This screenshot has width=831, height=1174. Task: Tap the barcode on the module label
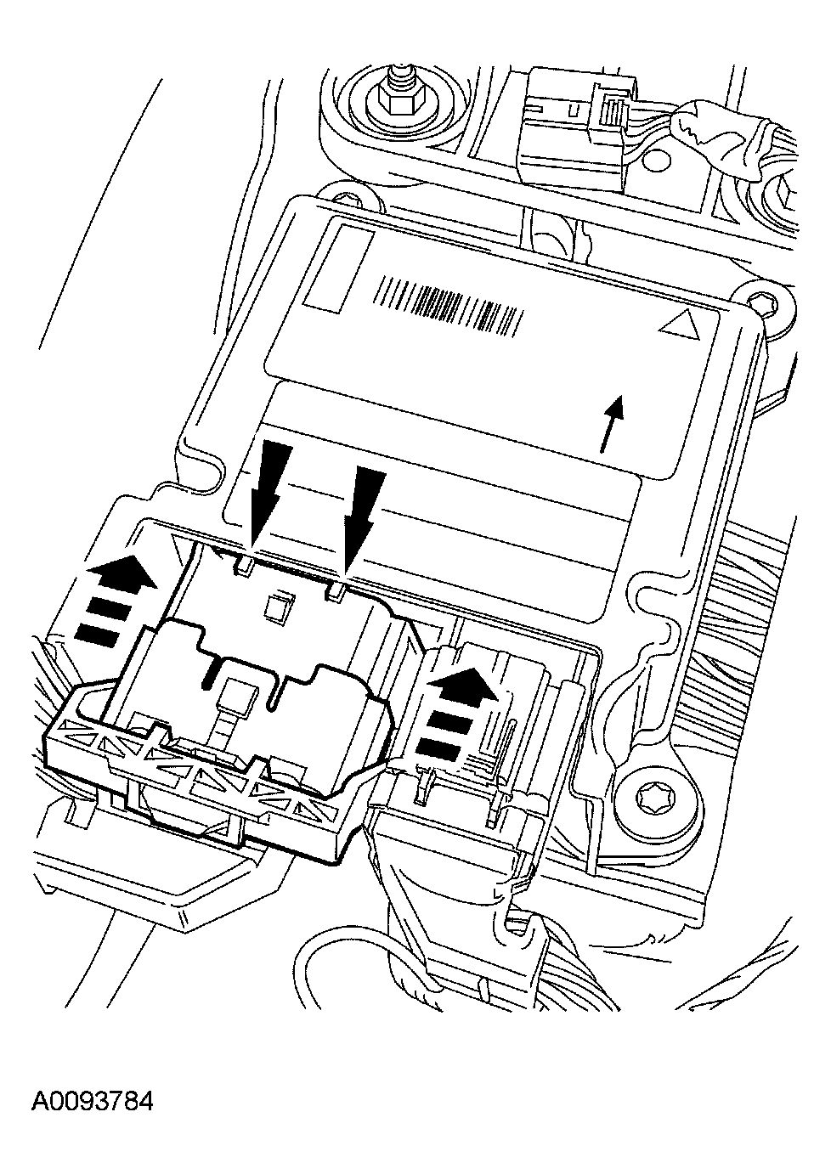click(x=449, y=306)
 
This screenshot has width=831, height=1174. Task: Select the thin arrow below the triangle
click(x=613, y=424)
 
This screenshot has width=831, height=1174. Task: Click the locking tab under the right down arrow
click(x=336, y=592)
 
